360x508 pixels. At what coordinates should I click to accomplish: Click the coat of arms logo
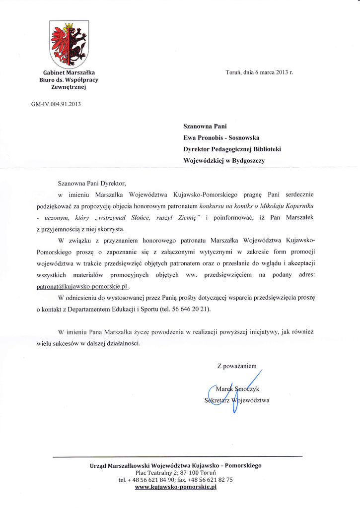click(x=69, y=44)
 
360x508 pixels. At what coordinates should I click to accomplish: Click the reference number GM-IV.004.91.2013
click(x=56, y=104)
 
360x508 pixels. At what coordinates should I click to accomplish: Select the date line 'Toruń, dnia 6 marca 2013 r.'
click(x=259, y=72)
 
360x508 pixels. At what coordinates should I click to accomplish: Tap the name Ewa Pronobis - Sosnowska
click(x=221, y=137)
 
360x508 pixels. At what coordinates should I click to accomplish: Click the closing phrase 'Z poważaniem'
click(x=236, y=366)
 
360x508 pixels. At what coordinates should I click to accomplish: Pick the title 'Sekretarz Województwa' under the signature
click(x=237, y=401)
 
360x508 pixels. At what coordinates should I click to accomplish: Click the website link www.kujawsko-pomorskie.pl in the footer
click(x=176, y=487)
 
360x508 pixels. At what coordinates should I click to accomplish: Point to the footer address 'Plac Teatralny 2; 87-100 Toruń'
click(x=176, y=473)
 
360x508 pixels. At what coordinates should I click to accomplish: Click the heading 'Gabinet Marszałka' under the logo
click(x=69, y=72)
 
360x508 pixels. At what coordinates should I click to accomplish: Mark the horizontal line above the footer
click(x=177, y=456)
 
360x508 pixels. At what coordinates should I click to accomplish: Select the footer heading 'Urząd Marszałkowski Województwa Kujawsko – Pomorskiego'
click(x=176, y=465)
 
